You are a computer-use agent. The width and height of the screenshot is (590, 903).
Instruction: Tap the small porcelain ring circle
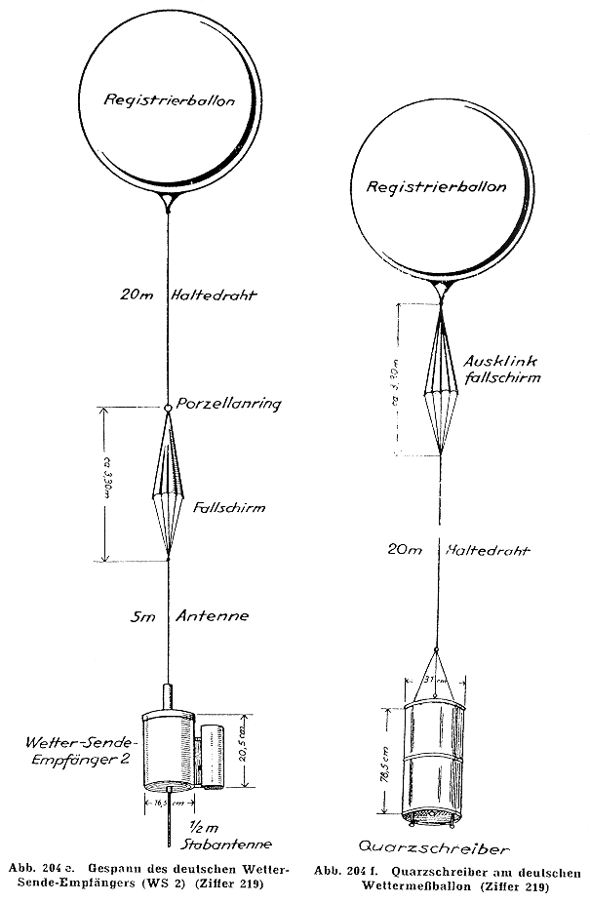(169, 408)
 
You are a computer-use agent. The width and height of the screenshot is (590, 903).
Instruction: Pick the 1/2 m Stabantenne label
(229, 836)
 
